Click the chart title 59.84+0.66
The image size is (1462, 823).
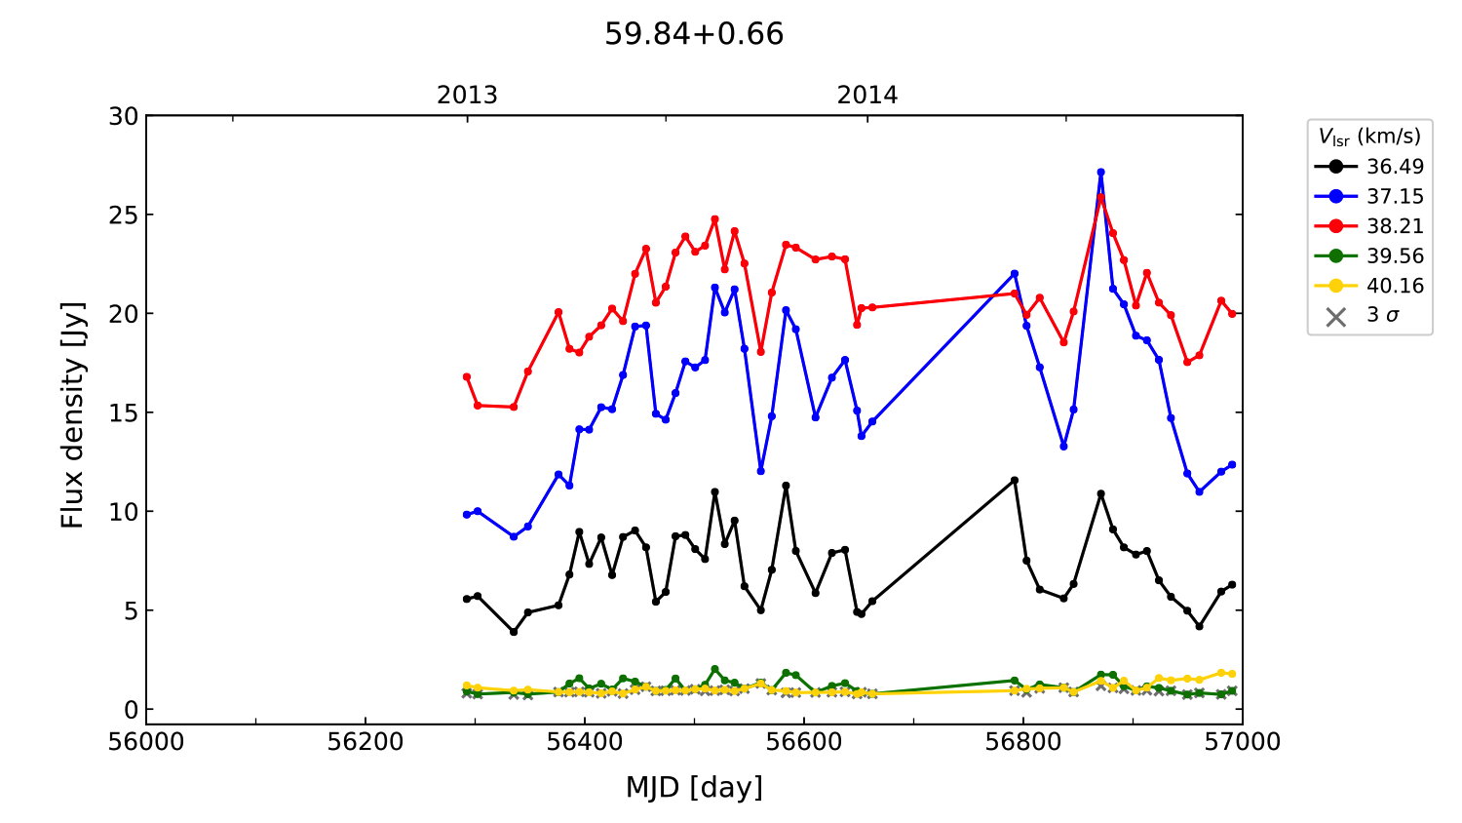pos(694,34)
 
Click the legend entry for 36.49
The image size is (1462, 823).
pos(1369,167)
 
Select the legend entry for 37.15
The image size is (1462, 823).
pos(1369,197)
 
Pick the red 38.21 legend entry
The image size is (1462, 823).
pos(1369,226)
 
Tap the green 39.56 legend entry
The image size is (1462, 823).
pos(1369,256)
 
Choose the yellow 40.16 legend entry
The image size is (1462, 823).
pos(1369,286)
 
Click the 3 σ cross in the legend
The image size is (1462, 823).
pos(1336,316)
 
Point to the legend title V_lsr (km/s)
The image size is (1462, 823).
pos(1369,137)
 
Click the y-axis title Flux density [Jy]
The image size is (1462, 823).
pos(73,414)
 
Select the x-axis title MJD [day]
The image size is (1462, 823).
pos(694,787)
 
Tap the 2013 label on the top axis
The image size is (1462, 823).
pos(467,96)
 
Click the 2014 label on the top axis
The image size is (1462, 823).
pos(867,96)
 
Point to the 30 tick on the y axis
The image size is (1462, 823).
pos(124,116)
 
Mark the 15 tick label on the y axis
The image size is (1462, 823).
pos(124,412)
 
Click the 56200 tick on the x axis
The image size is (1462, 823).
pos(365,742)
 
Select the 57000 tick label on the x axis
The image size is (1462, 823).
pos(1242,742)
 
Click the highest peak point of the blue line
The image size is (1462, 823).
pos(1100,173)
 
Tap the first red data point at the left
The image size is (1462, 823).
pos(467,376)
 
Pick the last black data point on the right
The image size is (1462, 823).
pos(1232,584)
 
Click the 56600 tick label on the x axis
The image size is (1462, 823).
pos(804,742)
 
